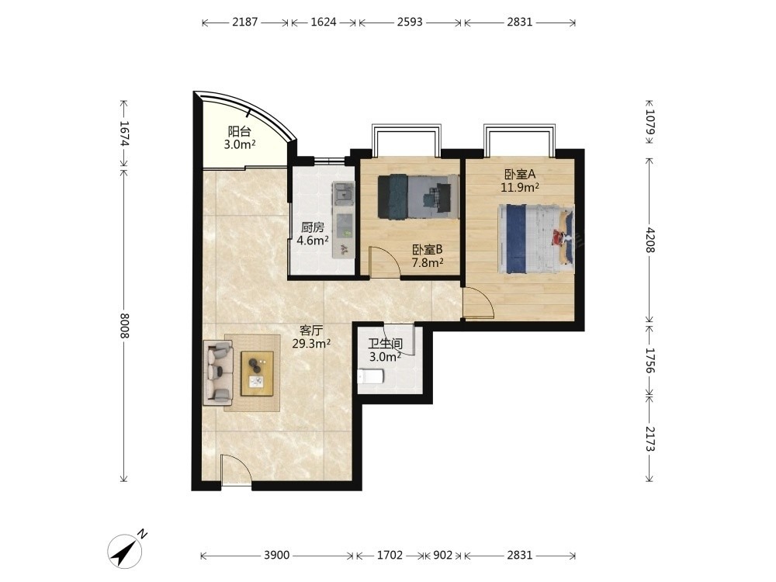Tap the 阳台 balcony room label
[239, 132]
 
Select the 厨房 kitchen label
[313, 227]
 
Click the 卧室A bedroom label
[520, 174]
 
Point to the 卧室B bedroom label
[427, 250]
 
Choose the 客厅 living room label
[311, 330]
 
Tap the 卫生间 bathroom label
[385, 344]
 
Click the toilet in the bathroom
[371, 377]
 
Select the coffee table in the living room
[258, 373]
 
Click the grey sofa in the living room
[218, 372]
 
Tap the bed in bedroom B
[418, 196]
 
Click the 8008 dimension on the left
[123, 326]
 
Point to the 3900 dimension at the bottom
[276, 556]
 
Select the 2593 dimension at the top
[410, 22]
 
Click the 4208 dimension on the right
[650, 240]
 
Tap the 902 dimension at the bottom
[442, 556]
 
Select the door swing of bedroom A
[478, 303]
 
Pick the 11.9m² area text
[520, 187]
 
